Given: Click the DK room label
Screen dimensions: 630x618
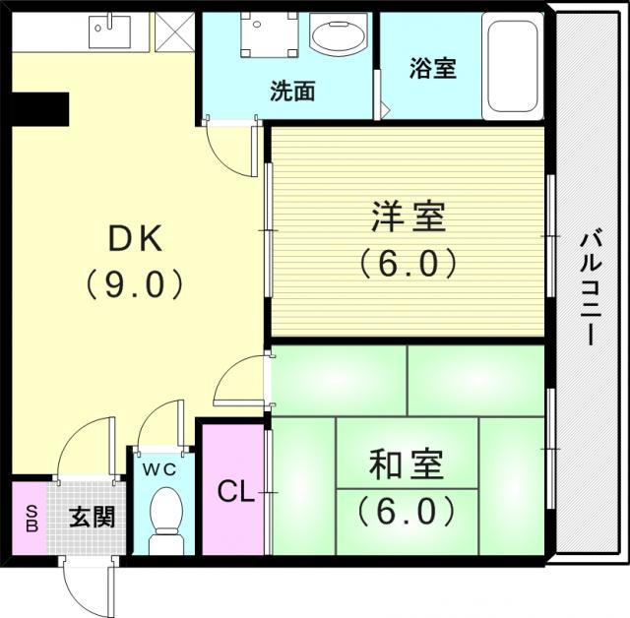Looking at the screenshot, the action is [136, 239].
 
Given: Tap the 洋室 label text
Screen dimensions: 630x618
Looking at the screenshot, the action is [408, 216].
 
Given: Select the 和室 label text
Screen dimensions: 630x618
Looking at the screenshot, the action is [406, 464].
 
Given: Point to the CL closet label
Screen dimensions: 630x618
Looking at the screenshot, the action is [236, 491].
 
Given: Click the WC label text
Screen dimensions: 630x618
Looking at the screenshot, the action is [159, 469].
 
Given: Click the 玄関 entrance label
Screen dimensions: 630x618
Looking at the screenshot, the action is [92, 517].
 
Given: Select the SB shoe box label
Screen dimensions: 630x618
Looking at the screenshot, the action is [31, 518].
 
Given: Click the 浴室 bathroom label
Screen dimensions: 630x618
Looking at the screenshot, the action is [433, 68].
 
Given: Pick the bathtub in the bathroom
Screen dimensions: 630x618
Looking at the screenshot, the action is [512, 66].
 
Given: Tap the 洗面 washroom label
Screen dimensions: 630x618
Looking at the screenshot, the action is [292, 91].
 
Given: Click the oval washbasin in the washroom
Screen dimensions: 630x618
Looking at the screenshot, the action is [339, 34].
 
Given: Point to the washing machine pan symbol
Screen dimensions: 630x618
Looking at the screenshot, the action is [270, 35].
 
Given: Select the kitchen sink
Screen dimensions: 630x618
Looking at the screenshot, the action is [109, 31].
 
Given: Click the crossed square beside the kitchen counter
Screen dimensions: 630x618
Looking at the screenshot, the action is [174, 31].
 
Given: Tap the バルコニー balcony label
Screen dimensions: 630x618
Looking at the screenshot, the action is [591, 288].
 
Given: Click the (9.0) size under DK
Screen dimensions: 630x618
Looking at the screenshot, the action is [135, 283].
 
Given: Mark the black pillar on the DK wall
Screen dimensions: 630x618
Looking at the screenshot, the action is [39, 109].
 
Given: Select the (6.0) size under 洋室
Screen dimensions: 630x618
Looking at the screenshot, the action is [408, 264].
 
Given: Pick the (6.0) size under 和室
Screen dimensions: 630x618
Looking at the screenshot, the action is [406, 511].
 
